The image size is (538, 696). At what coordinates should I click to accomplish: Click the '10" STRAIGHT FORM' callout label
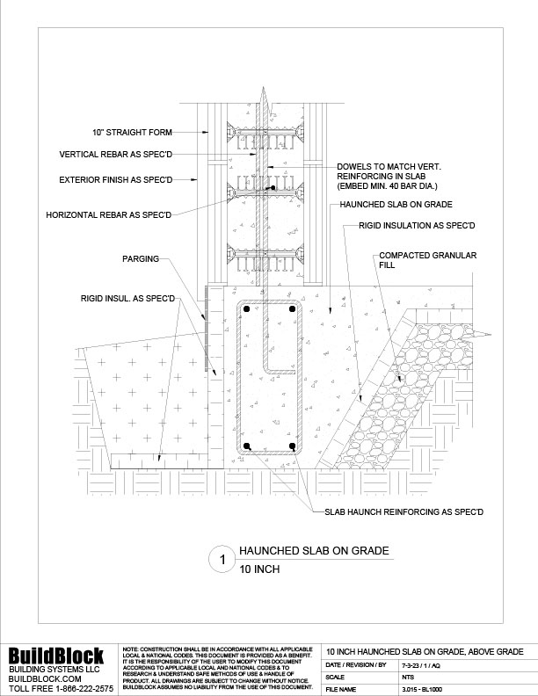pos(131,133)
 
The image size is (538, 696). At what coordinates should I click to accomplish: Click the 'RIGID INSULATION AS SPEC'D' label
pos(416,226)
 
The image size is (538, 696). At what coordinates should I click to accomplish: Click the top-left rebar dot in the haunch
pos(250,310)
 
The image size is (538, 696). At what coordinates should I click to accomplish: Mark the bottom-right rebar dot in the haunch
pos(292,446)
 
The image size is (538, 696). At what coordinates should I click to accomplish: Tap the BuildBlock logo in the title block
pos(56,656)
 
